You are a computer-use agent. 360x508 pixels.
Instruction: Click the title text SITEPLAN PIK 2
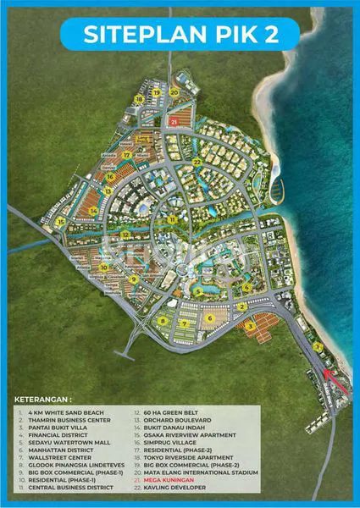point(180,35)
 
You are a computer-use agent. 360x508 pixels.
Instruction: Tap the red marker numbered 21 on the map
point(174,122)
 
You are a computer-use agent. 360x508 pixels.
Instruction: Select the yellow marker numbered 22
point(196,162)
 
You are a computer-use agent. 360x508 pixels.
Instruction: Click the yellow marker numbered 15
point(61,221)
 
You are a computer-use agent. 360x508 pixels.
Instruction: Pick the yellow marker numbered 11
point(171,220)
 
